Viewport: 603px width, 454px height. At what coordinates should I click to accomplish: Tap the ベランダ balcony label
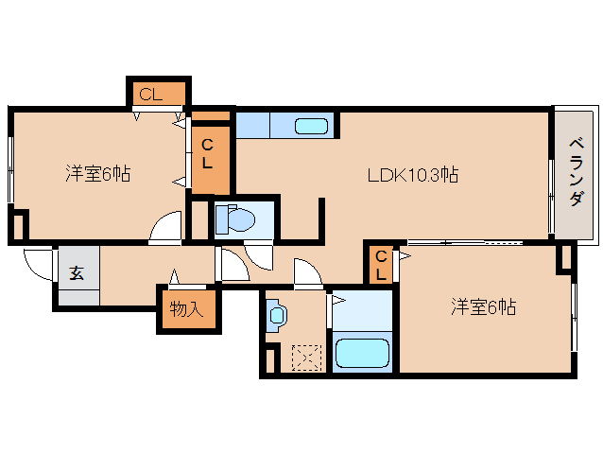pyautogui.click(x=576, y=173)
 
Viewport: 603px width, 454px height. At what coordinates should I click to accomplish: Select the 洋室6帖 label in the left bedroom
pyautogui.click(x=98, y=174)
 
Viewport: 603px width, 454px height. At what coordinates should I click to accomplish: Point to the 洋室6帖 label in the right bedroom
pyautogui.click(x=483, y=306)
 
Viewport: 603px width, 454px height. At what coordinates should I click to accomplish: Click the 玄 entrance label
pyautogui.click(x=77, y=274)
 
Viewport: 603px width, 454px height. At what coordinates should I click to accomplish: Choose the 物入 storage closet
pyautogui.click(x=187, y=308)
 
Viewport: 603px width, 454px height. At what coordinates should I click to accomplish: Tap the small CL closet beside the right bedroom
pyautogui.click(x=380, y=264)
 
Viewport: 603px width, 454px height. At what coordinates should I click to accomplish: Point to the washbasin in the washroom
pyautogui.click(x=275, y=315)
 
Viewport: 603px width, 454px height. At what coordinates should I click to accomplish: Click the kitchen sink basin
pyautogui.click(x=311, y=126)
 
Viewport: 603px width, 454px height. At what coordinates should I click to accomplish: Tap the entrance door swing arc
pyautogui.click(x=38, y=263)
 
